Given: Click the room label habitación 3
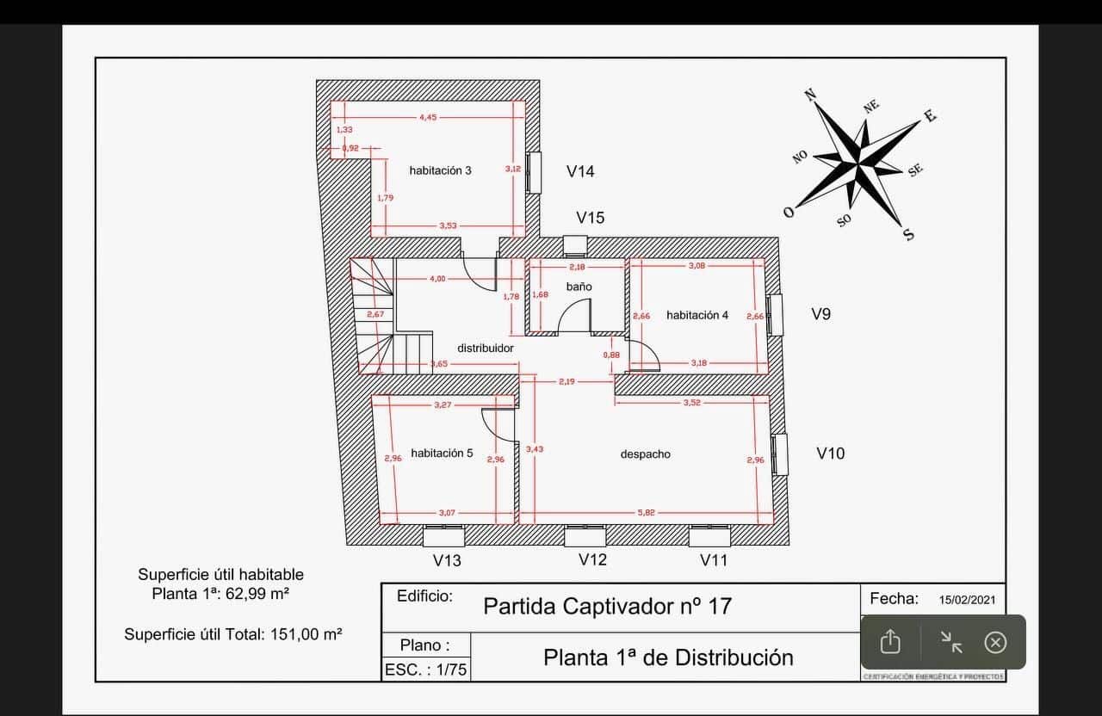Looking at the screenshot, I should (x=440, y=170).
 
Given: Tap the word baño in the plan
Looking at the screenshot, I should (x=579, y=286).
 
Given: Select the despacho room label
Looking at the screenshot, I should (x=645, y=454).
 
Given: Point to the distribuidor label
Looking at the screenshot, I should (x=485, y=348).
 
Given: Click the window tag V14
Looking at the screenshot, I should (x=580, y=171).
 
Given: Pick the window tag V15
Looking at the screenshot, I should (x=591, y=218).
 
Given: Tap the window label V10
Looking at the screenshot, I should (x=830, y=453).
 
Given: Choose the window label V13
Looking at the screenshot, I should (x=447, y=560).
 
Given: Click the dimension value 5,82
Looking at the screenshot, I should (x=646, y=512).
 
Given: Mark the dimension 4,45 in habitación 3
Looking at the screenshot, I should (x=429, y=117).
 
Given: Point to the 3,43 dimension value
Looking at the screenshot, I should (x=534, y=449).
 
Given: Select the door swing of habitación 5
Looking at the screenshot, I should (x=498, y=423).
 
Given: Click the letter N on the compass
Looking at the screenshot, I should (x=809, y=95).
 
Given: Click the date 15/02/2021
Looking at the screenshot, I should (x=967, y=600).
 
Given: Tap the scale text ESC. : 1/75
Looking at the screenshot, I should (x=425, y=670).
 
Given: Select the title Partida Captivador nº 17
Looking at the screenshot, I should (x=607, y=606).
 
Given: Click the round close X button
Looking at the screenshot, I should (x=995, y=642).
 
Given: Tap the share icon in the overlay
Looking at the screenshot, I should (x=890, y=642).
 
